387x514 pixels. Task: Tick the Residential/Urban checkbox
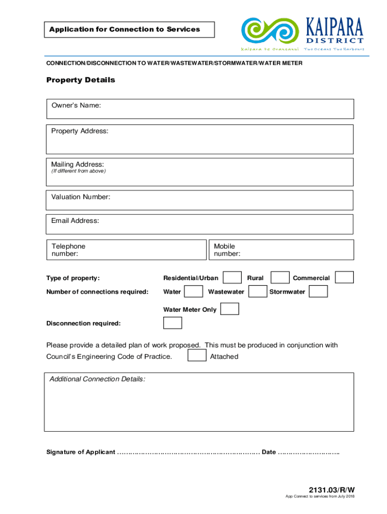[x=232, y=278]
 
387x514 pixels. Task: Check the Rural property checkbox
[x=280, y=278]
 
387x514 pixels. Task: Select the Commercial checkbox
[x=344, y=278]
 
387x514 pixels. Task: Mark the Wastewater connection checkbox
[x=258, y=292]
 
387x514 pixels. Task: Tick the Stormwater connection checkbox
[x=318, y=292]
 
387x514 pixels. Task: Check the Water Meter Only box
[x=230, y=309]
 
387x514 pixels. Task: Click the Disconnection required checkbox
[x=173, y=323]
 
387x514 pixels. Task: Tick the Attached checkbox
[x=197, y=356]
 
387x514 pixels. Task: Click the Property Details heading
[x=80, y=80]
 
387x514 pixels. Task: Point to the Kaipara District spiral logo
[x=270, y=31]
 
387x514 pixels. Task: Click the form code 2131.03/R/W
[x=332, y=489]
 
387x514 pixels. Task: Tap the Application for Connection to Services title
[x=125, y=30]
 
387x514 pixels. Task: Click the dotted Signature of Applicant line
[x=188, y=452]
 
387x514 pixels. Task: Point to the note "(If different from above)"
[x=78, y=171]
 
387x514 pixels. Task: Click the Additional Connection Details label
[x=98, y=379]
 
